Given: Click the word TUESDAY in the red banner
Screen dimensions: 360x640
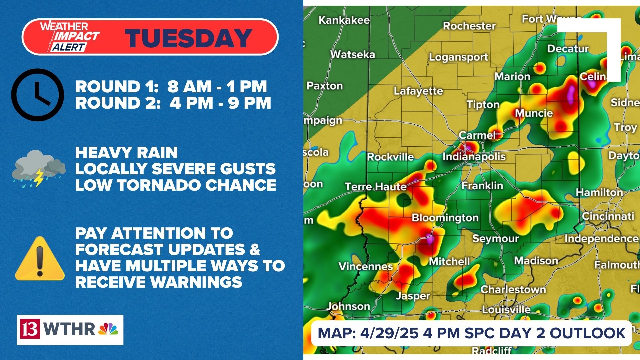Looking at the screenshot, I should [x=188, y=38].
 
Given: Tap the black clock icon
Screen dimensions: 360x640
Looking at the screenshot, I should [x=37, y=95].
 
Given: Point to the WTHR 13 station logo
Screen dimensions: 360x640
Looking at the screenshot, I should [x=70, y=329].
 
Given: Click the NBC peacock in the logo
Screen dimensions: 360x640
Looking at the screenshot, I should [x=108, y=329].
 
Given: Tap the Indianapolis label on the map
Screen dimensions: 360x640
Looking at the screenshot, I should [x=474, y=156].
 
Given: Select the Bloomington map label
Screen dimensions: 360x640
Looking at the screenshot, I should [x=445, y=218].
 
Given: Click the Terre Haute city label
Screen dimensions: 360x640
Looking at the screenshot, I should [x=375, y=186].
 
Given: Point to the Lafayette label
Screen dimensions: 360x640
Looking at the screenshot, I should [x=418, y=91].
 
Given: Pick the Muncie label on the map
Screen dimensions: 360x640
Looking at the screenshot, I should [x=534, y=113].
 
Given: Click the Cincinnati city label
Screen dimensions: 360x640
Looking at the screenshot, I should [x=608, y=216].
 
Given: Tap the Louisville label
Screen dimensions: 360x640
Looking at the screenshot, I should [x=506, y=309].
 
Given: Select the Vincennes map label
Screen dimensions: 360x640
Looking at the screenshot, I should [x=366, y=266].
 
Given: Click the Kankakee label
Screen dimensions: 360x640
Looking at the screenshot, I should [x=344, y=20].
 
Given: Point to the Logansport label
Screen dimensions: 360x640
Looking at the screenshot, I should [x=458, y=57].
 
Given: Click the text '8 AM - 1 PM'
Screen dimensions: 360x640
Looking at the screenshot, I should [x=217, y=87].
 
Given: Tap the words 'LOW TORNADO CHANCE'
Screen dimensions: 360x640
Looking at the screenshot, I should [x=176, y=185].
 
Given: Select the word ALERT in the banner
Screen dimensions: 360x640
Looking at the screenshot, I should [x=69, y=47].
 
